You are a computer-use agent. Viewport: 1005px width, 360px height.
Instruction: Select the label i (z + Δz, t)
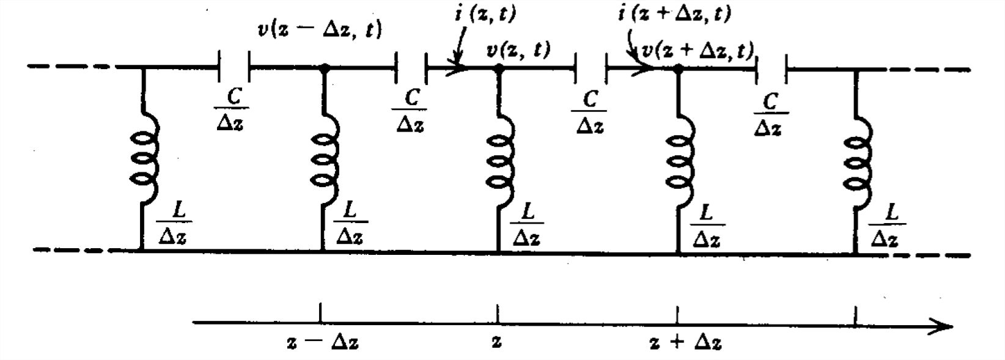pyautogui.click(x=674, y=13)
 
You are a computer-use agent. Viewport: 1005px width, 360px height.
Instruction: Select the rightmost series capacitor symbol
pyautogui.click(x=771, y=68)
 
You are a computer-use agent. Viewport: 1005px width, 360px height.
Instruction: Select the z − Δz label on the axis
pyautogui.click(x=322, y=342)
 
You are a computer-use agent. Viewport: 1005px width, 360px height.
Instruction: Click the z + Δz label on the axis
pyautogui.click(x=685, y=342)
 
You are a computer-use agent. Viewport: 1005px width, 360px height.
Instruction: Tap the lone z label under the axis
pyautogui.click(x=496, y=342)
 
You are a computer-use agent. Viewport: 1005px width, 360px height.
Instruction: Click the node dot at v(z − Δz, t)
pyautogui.click(x=324, y=68)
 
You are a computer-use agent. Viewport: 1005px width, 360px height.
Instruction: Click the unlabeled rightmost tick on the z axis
pyautogui.click(x=855, y=316)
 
